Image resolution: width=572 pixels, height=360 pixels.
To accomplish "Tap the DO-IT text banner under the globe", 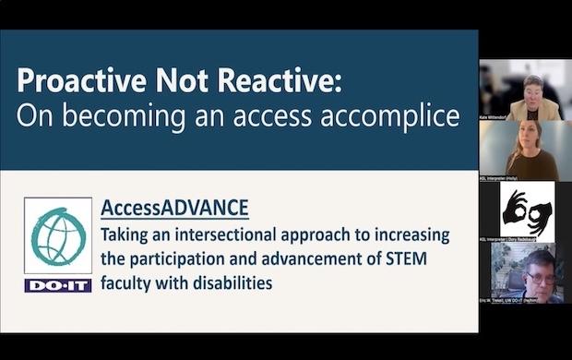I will pyautogui.click(x=57, y=285).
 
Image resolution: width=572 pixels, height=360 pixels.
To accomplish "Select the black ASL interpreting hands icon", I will pyautogui.click(x=526, y=211).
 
